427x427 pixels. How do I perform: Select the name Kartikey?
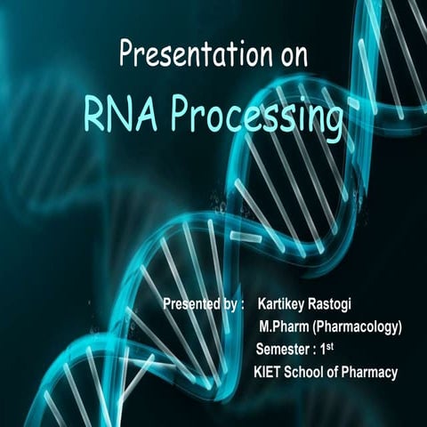click(286, 304)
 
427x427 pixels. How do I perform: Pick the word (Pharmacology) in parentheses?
click(360, 326)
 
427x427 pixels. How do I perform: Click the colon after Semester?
click(318, 349)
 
